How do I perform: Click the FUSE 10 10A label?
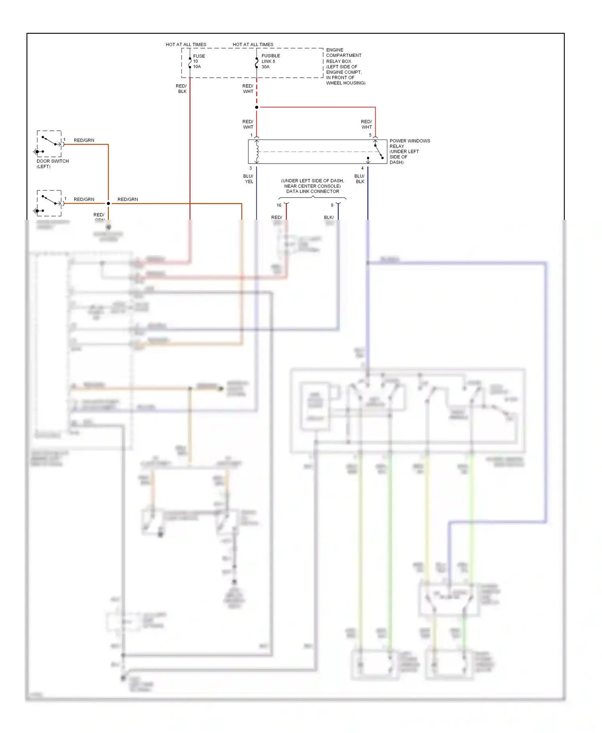199,61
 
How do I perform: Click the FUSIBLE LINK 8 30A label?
270,61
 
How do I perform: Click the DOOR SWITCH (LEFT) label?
52,164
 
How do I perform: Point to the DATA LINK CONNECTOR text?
312,191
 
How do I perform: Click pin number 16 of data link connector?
279,205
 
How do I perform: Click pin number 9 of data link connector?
332,205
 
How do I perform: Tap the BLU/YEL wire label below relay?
248,179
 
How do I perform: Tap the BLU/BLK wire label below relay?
360,179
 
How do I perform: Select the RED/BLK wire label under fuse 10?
181,89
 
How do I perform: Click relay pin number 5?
370,135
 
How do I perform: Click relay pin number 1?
252,135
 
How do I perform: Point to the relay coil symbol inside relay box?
257,152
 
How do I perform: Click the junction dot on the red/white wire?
257,107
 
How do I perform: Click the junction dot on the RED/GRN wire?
108,204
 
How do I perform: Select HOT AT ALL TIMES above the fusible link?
253,45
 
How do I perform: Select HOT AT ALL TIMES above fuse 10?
186,45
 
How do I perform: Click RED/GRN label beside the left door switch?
84,140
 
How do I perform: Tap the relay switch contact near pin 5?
378,152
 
